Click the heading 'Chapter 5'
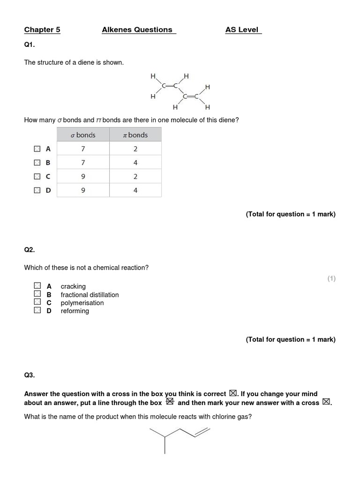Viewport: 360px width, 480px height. [x=42, y=30]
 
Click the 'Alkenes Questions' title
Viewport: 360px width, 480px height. [x=137, y=30]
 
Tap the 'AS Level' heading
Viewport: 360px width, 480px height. [x=242, y=30]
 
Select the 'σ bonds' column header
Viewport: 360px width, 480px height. [x=83, y=135]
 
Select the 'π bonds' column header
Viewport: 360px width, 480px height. [x=135, y=135]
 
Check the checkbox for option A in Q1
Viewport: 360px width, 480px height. [x=37, y=149]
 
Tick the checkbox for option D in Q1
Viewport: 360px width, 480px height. [x=37, y=190]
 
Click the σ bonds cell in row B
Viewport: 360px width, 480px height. [x=83, y=163]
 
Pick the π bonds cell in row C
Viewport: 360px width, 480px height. [x=135, y=177]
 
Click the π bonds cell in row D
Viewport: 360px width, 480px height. [x=135, y=190]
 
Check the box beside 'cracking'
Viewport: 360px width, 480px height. [x=37, y=285]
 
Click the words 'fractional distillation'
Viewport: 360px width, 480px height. [x=90, y=295]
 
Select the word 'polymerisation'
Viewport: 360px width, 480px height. [x=82, y=303]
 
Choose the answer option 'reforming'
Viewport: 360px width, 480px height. [x=75, y=311]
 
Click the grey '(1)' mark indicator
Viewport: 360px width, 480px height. [x=331, y=278]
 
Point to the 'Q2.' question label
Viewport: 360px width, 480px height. [x=30, y=250]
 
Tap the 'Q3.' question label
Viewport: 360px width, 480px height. [x=30, y=375]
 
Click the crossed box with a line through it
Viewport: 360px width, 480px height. [x=170, y=401]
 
